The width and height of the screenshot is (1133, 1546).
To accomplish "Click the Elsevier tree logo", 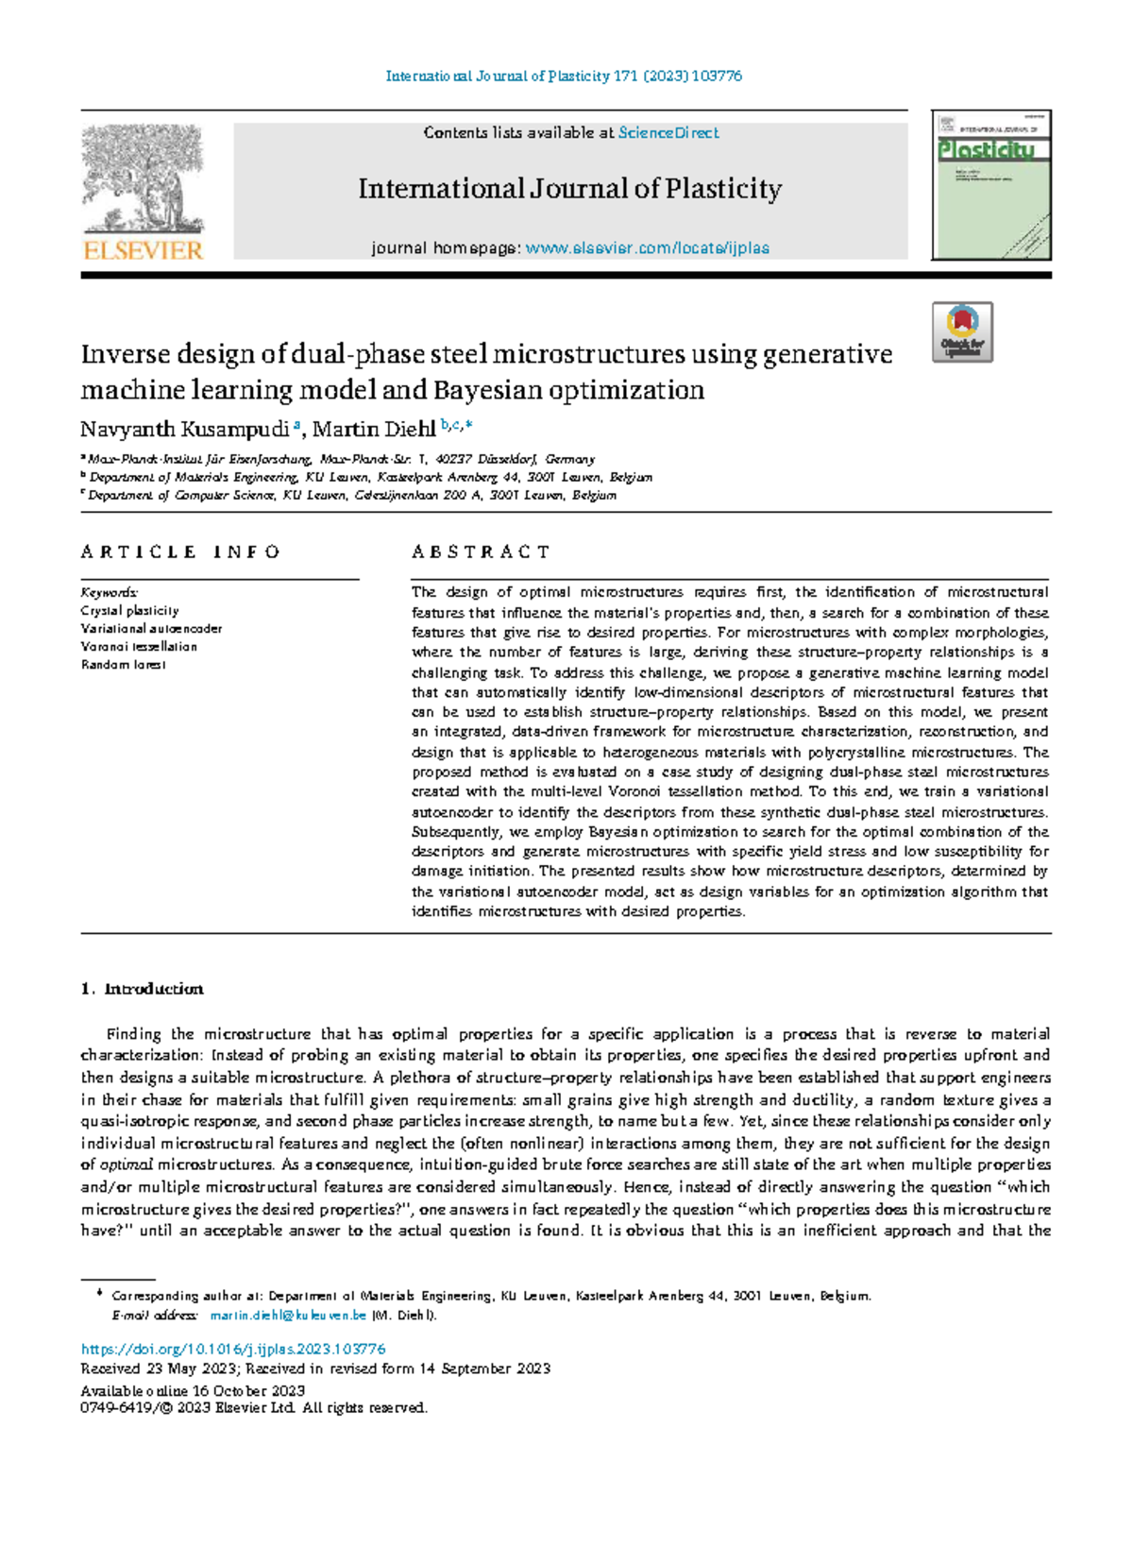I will (x=143, y=178).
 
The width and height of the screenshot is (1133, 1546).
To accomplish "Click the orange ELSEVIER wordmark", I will (x=143, y=250).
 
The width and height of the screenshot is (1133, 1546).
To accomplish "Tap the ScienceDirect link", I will (x=668, y=133).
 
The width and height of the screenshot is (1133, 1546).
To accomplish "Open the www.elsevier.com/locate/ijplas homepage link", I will (x=647, y=248).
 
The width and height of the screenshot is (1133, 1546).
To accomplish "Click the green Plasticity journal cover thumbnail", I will (x=991, y=185).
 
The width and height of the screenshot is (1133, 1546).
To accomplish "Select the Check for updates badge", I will (x=962, y=331).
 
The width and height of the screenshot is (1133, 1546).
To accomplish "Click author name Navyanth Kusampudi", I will (x=185, y=430).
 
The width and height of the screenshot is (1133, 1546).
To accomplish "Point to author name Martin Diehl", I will (x=374, y=430).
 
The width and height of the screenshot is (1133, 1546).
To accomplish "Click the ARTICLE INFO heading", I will (x=180, y=552).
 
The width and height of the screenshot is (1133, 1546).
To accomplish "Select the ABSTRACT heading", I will (x=481, y=552).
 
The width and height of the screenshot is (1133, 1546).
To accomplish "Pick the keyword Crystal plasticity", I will (x=129, y=611).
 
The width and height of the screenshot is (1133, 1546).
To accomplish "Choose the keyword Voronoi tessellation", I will (x=139, y=647).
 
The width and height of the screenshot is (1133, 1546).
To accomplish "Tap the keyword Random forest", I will (x=123, y=665).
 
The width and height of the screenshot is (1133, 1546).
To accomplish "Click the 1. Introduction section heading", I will (x=143, y=989).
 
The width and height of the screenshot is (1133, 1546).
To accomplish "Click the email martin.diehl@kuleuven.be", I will (x=288, y=1315).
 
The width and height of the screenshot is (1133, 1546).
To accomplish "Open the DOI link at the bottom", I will (x=233, y=1350).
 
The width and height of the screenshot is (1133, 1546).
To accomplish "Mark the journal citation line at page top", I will (x=564, y=76).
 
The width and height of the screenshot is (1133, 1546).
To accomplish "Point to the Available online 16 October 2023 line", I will (x=193, y=1390).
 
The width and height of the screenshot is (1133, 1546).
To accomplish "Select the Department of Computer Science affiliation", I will (x=351, y=495).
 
